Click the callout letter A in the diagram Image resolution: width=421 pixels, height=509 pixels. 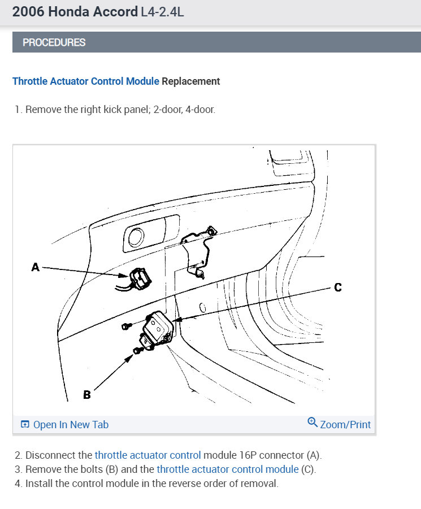(36, 267)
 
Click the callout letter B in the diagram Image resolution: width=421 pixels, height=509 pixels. (86, 394)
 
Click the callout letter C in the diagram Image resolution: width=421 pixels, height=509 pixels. (338, 288)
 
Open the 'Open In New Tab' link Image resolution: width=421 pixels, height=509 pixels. (70, 425)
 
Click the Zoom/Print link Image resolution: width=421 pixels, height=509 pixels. (345, 425)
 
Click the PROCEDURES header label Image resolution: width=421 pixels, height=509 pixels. (54, 42)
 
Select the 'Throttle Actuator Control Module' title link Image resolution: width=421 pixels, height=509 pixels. (86, 81)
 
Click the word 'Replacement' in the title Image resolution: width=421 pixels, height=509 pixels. (191, 81)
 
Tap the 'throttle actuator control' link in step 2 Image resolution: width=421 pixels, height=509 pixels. (147, 455)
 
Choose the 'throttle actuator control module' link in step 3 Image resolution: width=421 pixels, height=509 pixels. (227, 469)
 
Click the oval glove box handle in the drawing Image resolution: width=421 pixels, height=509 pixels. (136, 237)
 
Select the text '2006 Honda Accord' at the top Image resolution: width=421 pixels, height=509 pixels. (75, 12)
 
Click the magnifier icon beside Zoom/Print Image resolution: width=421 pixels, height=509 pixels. (313, 423)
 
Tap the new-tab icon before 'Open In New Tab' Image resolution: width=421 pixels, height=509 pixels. (25, 425)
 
